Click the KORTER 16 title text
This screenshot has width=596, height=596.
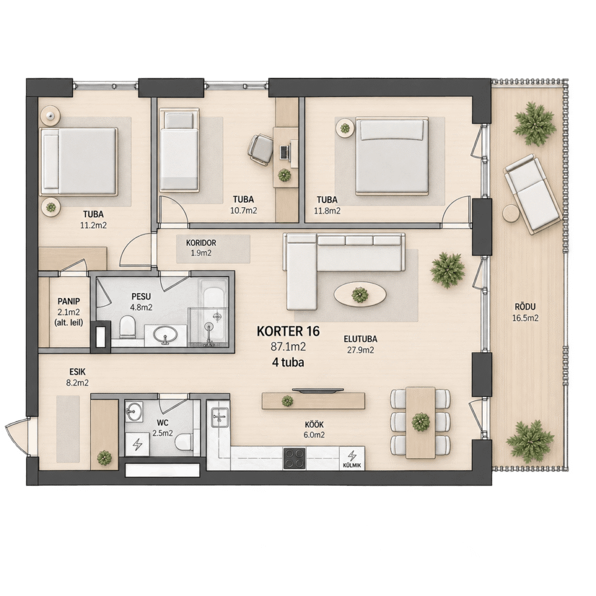tap(288, 331)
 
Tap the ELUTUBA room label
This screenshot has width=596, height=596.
tap(360, 339)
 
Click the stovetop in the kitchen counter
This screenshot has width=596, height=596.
tap(294, 459)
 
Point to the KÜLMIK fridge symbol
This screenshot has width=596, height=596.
tap(352, 459)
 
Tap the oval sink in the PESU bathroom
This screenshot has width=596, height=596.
tap(165, 335)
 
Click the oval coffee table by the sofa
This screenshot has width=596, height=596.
tap(360, 294)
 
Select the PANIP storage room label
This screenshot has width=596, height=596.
tap(69, 301)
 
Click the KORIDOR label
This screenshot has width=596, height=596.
tap(201, 243)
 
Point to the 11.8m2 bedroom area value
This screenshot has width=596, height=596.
tap(327, 210)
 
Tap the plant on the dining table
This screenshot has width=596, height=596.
tap(421, 422)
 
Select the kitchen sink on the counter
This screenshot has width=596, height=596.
tap(219, 417)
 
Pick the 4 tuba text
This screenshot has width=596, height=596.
tap(288, 362)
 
